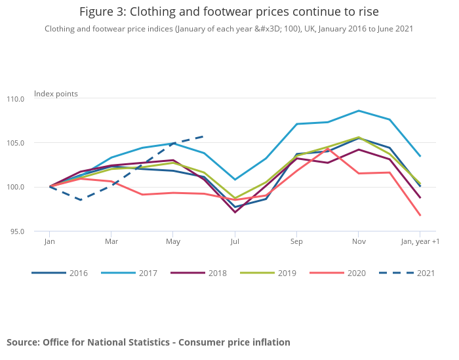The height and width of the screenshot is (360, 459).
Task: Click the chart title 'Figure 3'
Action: [x=229, y=12]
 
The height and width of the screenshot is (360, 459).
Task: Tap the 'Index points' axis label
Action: [x=56, y=94]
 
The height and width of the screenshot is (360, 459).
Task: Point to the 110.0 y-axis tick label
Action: [x=15, y=99]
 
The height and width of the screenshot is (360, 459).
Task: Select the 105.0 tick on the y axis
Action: [x=15, y=143]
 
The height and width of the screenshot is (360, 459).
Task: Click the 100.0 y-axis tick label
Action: [x=15, y=187]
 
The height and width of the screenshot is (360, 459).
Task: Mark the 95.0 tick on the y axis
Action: [x=16, y=231]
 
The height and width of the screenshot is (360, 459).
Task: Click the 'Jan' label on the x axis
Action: [x=49, y=242]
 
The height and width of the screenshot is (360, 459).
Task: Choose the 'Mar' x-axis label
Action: [x=111, y=242]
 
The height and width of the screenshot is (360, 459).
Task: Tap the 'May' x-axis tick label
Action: [x=172, y=242]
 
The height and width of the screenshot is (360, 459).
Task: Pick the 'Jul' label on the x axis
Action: [x=235, y=242]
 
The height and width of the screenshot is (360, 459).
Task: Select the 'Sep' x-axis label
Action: [x=296, y=242]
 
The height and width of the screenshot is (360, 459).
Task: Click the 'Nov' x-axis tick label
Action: [x=358, y=242]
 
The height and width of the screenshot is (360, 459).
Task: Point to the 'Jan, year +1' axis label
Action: [x=420, y=242]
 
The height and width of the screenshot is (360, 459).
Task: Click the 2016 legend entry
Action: [x=60, y=273]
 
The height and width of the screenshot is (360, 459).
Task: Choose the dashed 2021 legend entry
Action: [x=407, y=273]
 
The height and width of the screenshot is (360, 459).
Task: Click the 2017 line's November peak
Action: [x=358, y=111]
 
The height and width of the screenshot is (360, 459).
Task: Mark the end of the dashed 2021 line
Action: [x=204, y=136]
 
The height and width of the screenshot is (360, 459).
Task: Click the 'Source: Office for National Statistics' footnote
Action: [x=148, y=342]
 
